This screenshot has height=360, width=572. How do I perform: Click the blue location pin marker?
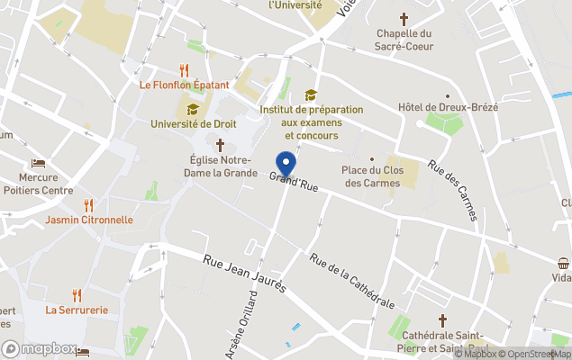click(286, 165)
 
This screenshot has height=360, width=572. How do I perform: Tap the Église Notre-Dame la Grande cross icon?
click(220, 144)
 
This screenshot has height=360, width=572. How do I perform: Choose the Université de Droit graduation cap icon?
click(192, 108)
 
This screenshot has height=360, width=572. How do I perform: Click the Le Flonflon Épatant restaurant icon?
click(185, 69)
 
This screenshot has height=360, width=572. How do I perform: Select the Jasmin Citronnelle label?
click(88, 220)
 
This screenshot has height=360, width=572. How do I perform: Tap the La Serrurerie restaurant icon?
click(77, 294)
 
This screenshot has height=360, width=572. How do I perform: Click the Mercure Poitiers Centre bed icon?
click(38, 164)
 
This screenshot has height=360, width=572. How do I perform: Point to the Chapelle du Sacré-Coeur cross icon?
click(404, 18)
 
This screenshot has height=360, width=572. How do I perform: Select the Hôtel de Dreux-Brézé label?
click(448, 108)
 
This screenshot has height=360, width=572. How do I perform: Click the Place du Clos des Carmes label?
click(372, 176)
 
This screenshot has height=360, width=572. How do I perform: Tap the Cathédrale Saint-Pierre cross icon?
click(442, 319)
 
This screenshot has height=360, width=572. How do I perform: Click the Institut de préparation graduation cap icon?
click(311, 94)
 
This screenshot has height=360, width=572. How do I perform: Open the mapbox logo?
click(41, 349)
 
